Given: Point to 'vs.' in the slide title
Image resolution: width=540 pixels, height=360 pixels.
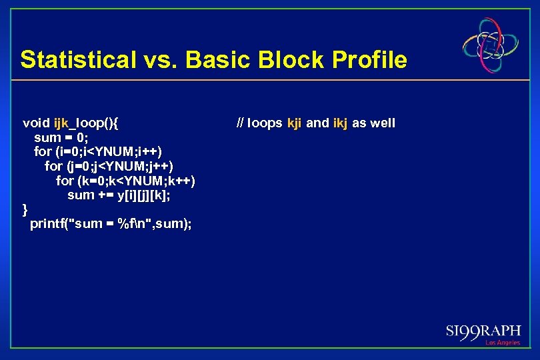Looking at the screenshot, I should [159, 60].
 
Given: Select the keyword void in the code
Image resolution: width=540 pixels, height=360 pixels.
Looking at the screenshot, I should [36, 123].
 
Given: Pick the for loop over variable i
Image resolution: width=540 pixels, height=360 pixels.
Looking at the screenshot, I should [97, 151].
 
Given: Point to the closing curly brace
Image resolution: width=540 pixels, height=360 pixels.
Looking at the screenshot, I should [25, 209].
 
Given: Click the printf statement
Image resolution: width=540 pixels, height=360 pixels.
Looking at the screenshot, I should [111, 224].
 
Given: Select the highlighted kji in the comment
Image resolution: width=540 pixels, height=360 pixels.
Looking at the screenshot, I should [294, 123].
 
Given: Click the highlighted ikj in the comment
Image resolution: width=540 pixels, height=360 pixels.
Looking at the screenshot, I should [340, 123].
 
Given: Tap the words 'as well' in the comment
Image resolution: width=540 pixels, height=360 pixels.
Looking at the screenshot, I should [373, 123].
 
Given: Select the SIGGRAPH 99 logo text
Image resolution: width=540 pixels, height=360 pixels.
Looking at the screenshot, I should [483, 331].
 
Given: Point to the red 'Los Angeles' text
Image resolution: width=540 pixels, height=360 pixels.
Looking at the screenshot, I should [503, 343].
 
